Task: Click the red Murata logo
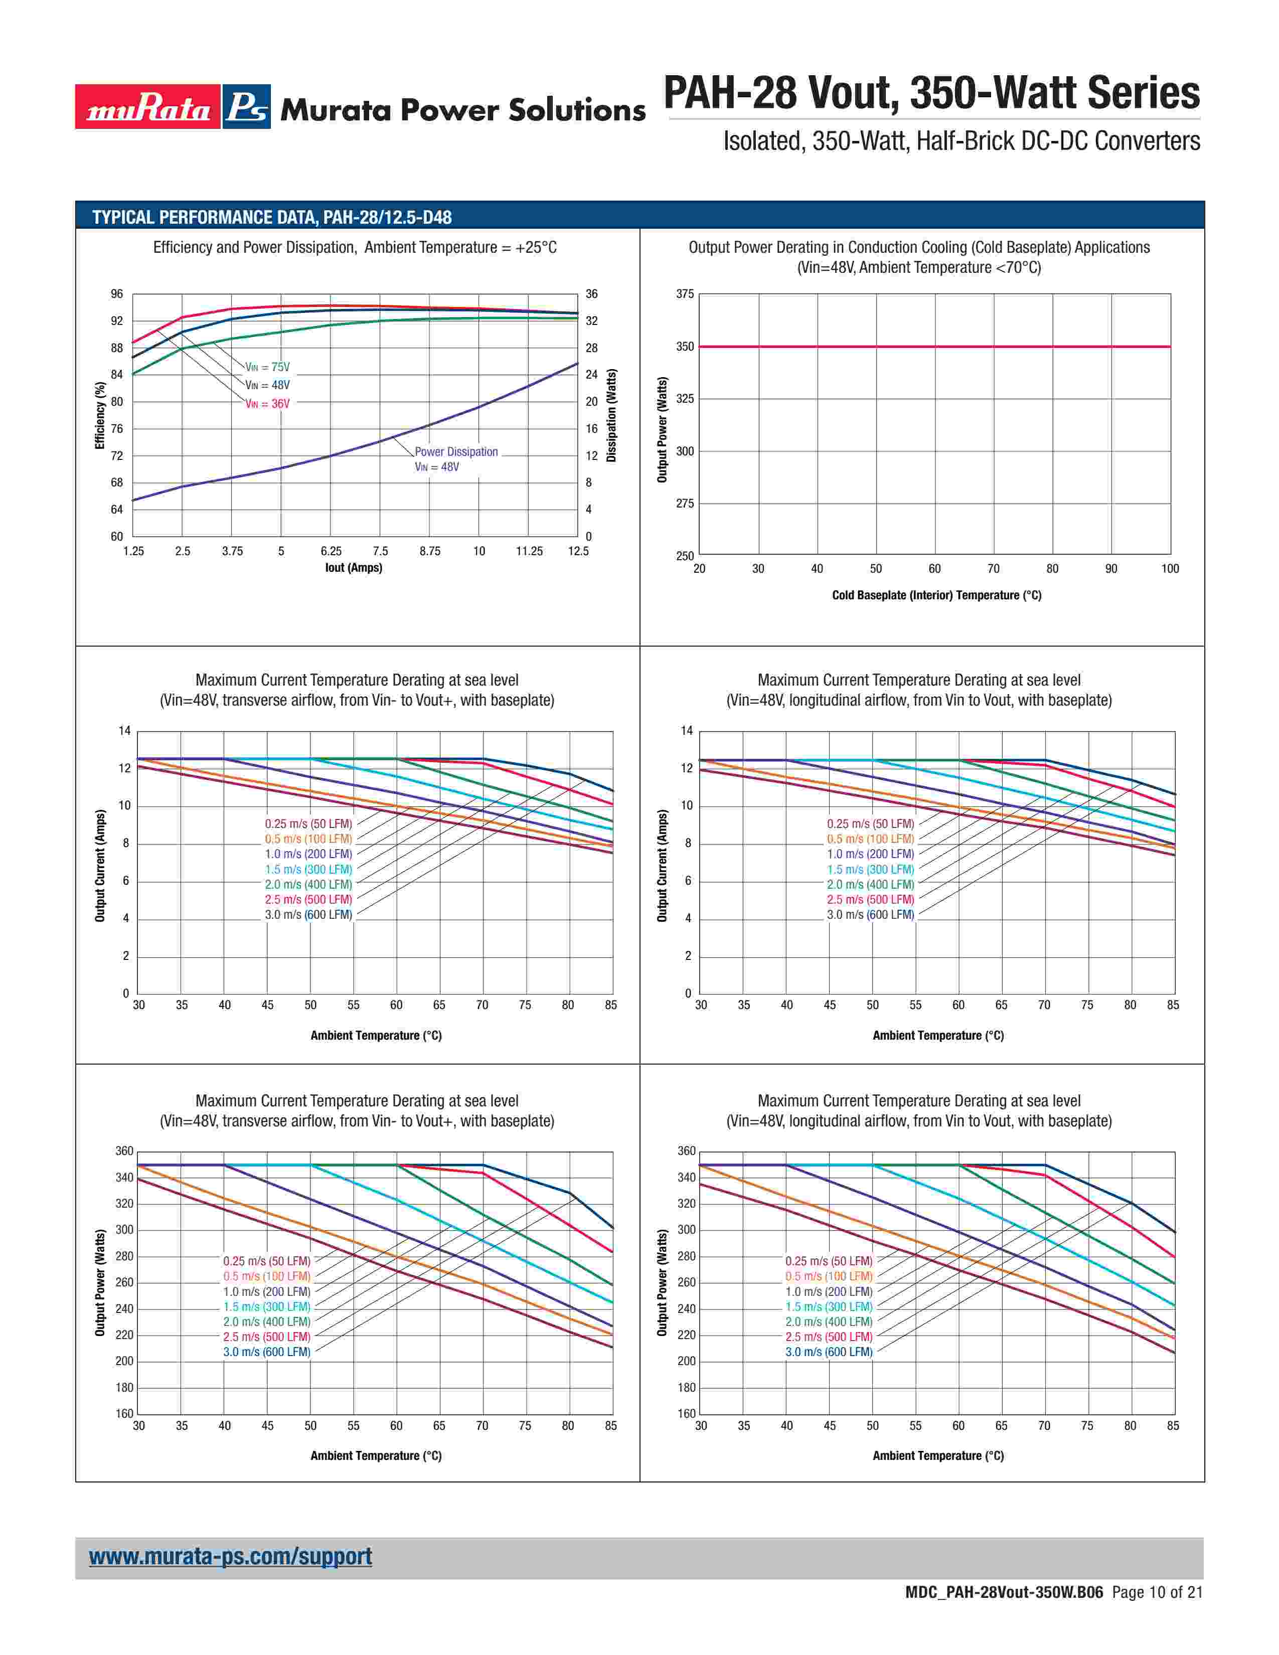[148, 107]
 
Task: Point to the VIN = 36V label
[267, 404]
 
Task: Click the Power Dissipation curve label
[456, 452]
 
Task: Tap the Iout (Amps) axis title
[354, 568]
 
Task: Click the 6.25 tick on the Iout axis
[331, 551]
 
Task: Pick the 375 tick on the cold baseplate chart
[685, 294]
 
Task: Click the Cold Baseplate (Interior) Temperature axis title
[936, 595]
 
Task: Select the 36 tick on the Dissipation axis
[592, 294]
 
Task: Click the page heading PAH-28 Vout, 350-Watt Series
[931, 93]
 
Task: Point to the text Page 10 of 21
[1157, 1592]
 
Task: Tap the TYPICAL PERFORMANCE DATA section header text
[272, 218]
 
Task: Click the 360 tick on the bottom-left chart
[124, 1151]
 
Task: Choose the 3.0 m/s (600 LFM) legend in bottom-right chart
[829, 1352]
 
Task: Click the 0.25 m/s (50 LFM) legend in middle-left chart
[308, 823]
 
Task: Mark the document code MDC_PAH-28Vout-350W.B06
[1004, 1592]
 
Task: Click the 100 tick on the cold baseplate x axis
[1170, 568]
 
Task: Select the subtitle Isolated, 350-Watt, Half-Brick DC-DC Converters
[962, 141]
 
